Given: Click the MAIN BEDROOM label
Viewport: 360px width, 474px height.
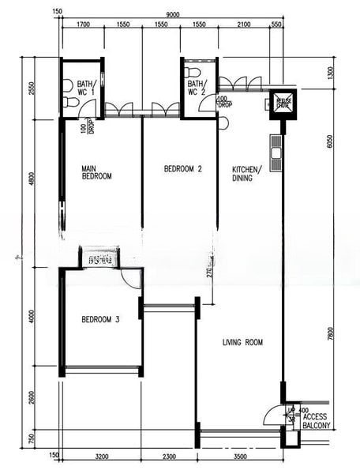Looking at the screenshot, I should pos(97,172).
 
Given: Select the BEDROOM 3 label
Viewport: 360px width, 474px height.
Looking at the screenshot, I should pos(100,320).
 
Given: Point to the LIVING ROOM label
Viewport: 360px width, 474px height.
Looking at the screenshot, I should pos(242,342).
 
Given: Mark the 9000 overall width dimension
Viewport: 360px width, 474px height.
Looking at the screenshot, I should pos(172,13).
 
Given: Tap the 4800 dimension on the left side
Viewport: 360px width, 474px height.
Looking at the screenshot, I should pos(32,180).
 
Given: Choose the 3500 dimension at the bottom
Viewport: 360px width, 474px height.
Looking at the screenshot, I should pos(241,457).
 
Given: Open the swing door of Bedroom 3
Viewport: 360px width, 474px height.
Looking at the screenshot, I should pos(131,278).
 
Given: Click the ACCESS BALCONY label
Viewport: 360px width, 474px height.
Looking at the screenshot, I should pos(316,421).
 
